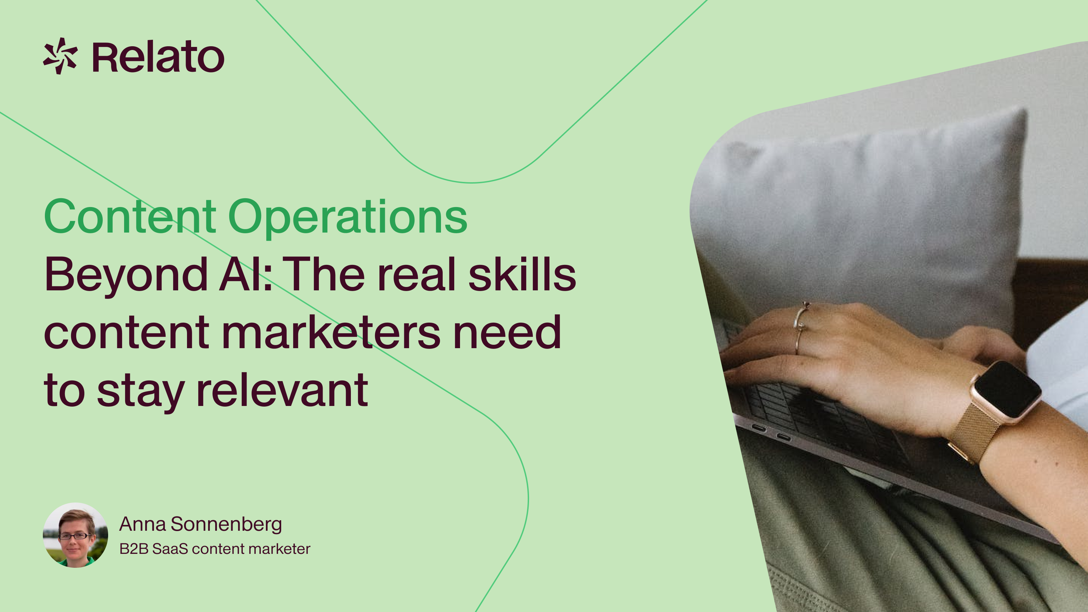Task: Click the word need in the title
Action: [x=507, y=333]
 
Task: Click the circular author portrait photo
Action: [x=75, y=535]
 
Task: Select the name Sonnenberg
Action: [x=226, y=525]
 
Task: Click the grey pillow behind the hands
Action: [x=866, y=211]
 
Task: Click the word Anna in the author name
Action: [x=142, y=525]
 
